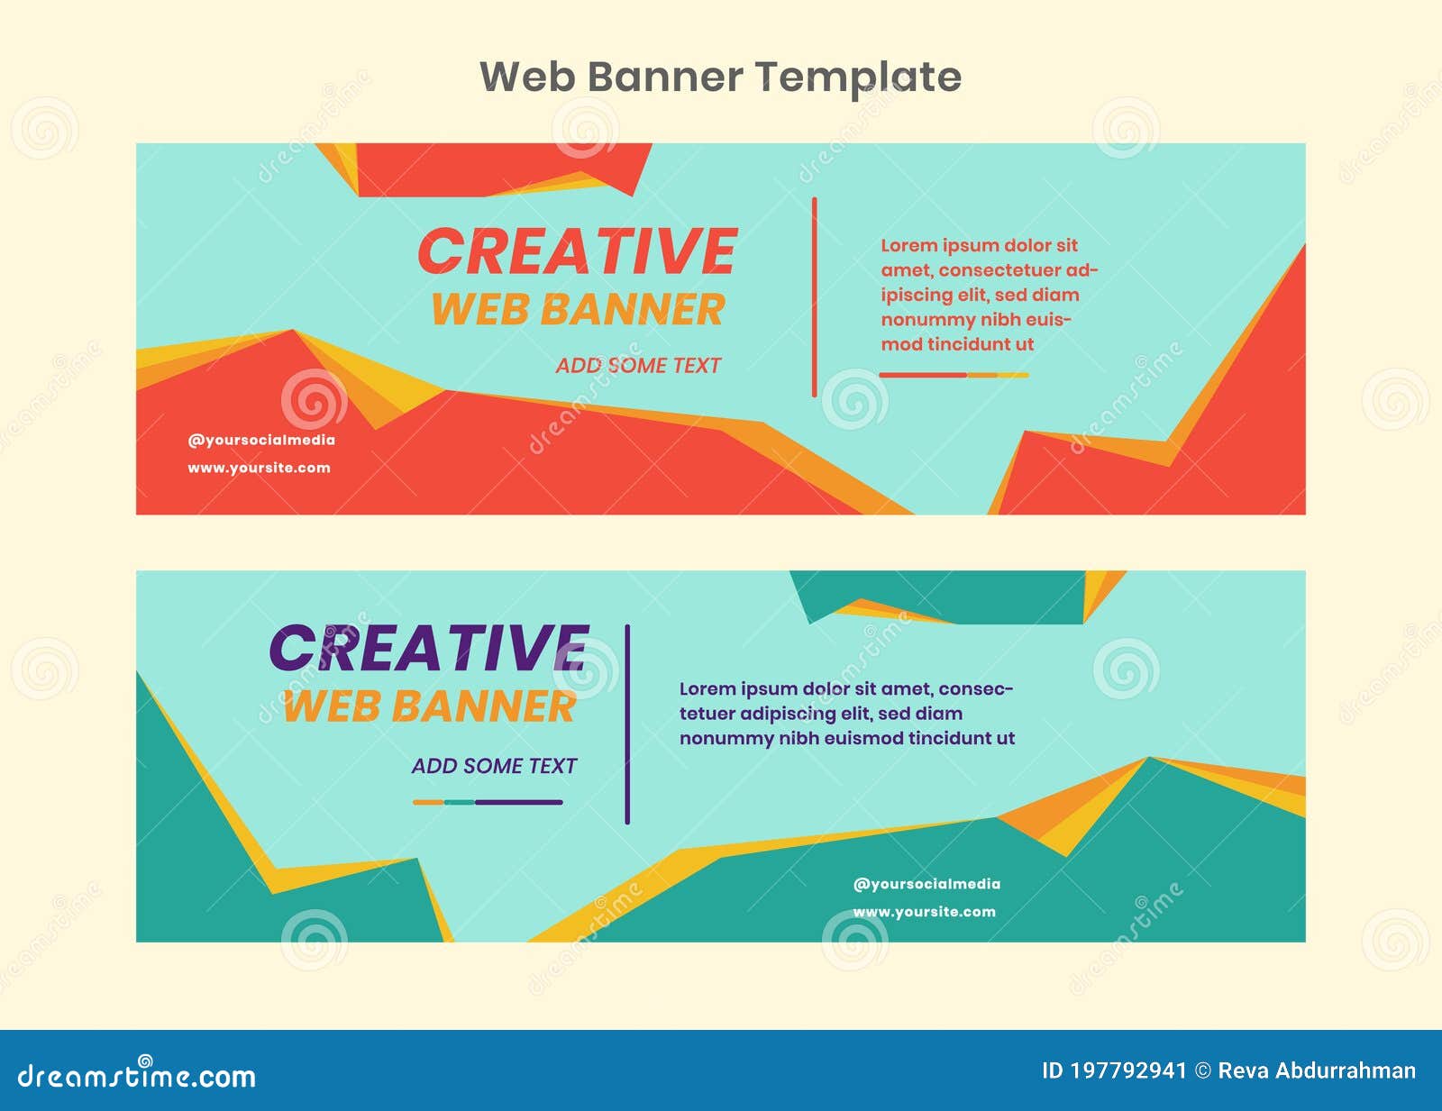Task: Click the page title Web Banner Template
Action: point(720,77)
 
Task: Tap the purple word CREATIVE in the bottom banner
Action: point(429,649)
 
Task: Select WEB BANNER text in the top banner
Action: point(578,310)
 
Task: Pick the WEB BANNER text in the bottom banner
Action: point(429,706)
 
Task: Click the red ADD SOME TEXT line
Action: point(638,366)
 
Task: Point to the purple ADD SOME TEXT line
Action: point(494,766)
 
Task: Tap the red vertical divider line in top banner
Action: point(814,297)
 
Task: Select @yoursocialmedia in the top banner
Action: point(261,441)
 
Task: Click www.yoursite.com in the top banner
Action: point(259,468)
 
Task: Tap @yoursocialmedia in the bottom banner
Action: point(926,884)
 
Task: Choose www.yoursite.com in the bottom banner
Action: point(924,912)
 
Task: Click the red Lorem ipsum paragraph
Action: point(989,295)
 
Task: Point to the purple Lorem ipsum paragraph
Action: point(846,714)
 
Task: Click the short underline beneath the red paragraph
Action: point(954,375)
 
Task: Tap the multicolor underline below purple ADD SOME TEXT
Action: point(488,802)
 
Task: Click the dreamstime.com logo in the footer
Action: point(137,1075)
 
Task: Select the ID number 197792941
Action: point(1128,1070)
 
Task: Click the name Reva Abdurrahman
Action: point(1317,1070)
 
